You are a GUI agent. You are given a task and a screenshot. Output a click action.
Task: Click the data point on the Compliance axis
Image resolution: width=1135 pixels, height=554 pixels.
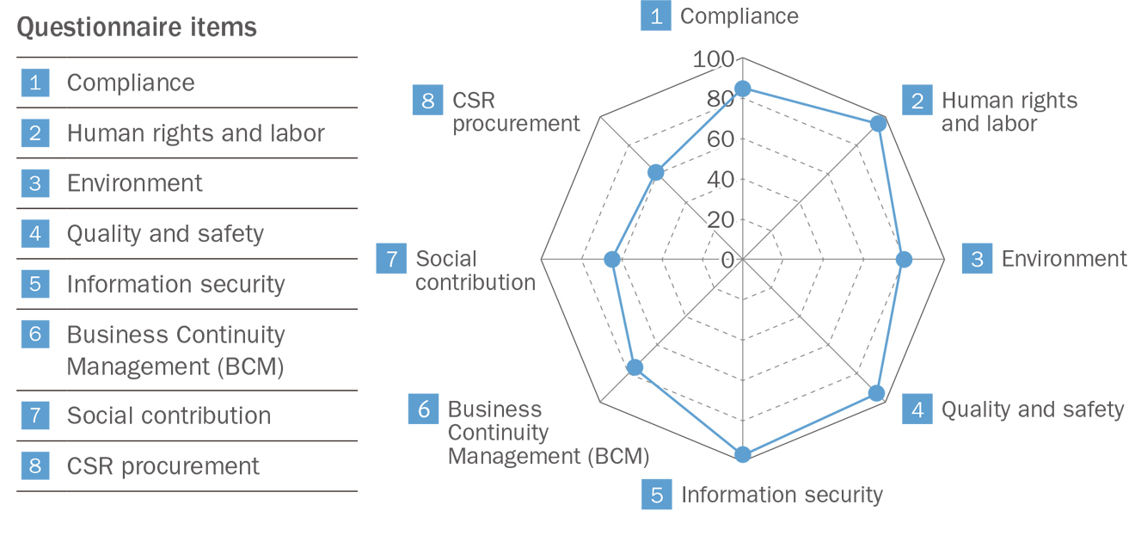742,89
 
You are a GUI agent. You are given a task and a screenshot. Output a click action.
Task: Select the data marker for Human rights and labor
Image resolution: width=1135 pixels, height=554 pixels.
878,124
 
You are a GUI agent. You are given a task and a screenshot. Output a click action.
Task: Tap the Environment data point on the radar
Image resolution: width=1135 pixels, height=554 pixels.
904,259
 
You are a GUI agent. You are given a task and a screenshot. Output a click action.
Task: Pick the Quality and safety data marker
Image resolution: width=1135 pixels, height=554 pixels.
876,393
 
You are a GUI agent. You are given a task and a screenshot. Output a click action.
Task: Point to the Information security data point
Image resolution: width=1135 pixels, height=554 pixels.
742,454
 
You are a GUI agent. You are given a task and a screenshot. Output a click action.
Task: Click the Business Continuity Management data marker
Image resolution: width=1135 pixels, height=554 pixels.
635,367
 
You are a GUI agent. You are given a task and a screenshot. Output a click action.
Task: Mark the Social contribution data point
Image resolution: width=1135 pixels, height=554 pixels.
612,259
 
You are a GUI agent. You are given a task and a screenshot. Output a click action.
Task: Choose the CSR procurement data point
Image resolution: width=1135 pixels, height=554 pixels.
655,172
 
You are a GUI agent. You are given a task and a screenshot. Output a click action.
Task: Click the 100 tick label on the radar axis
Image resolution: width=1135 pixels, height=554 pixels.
714,59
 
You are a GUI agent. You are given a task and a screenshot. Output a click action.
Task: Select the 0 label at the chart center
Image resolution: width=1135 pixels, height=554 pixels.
729,259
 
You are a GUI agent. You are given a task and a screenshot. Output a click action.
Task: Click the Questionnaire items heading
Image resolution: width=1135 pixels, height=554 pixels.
137,28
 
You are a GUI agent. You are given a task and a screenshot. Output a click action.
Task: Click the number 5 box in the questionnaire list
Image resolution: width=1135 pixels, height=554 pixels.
35,284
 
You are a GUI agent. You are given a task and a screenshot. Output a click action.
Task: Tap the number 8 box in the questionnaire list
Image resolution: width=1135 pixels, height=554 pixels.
35,466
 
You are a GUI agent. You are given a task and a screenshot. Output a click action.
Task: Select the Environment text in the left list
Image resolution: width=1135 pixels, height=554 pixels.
135,183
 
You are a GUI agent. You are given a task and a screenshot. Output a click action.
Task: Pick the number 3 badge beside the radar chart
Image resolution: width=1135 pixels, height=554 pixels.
977,259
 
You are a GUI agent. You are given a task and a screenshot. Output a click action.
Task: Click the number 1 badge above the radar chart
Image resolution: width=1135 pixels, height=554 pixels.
656,16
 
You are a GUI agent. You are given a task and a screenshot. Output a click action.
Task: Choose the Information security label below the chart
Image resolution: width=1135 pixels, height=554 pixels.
782,495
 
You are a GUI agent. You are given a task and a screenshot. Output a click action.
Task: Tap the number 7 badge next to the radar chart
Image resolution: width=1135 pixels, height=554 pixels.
391,259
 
